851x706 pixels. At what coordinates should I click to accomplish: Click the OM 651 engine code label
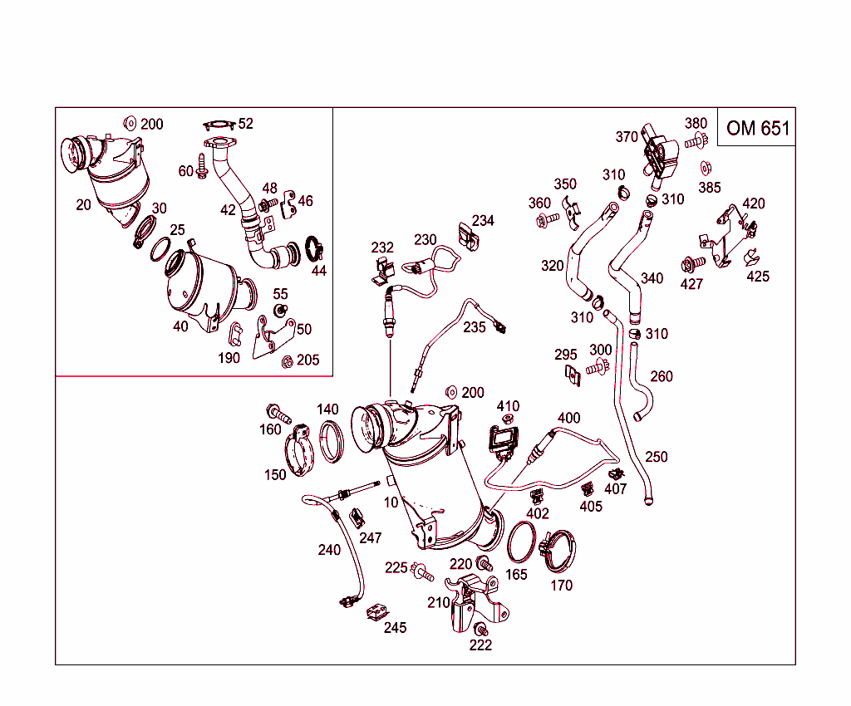click(758, 129)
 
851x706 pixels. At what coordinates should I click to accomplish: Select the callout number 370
click(627, 137)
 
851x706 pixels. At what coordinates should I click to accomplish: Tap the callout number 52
click(245, 124)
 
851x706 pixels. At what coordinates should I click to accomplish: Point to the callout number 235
click(474, 327)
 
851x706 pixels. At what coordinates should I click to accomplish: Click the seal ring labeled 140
click(331, 441)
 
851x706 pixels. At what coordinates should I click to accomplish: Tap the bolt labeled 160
click(278, 414)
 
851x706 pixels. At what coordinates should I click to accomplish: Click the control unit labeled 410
click(504, 439)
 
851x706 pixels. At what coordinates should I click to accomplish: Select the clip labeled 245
click(376, 612)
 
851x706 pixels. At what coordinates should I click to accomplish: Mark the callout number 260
click(661, 376)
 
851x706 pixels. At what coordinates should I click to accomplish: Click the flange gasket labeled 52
click(219, 125)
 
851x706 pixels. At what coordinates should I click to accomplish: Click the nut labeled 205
click(287, 361)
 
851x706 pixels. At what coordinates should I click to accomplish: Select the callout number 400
click(568, 418)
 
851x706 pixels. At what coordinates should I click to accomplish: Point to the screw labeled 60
click(202, 166)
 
